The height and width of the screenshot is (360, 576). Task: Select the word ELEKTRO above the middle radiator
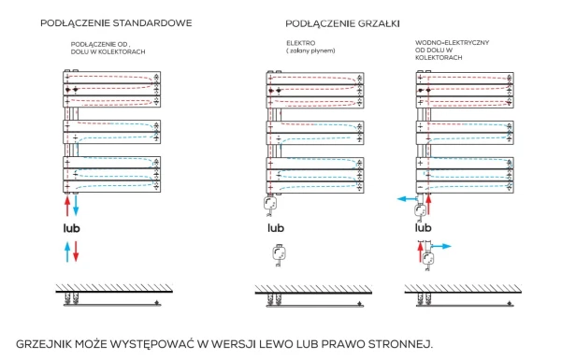(x=300, y=42)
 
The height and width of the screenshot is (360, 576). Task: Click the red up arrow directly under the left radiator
(x=66, y=206)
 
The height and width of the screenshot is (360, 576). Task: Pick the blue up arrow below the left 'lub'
(x=66, y=251)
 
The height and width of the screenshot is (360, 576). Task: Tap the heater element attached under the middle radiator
(x=271, y=205)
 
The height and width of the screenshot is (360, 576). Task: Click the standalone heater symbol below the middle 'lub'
(x=277, y=253)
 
